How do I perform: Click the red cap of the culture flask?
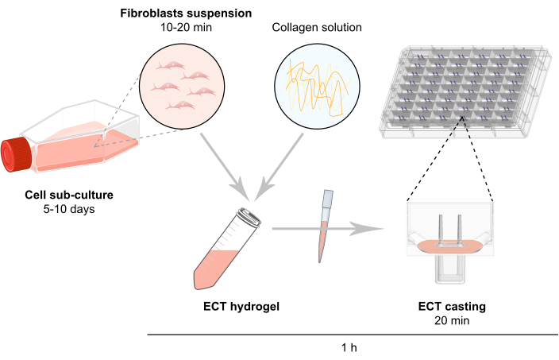16,157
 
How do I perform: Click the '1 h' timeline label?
349,347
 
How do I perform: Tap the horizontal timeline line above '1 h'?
349,335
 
